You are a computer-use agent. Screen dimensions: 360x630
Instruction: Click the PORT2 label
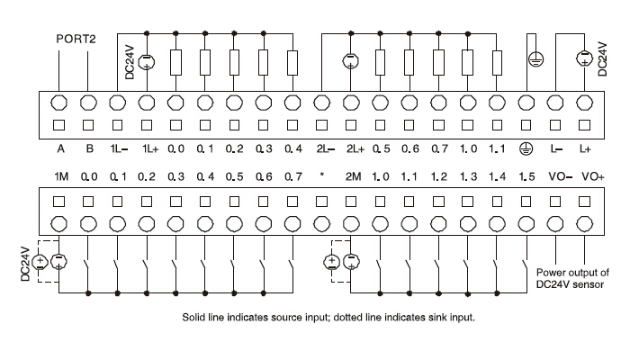76,40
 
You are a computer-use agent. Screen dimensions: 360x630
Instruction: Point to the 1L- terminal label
118,147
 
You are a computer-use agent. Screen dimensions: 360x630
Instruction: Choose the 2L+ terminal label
351,147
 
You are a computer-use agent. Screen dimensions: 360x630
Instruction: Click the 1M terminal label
60,175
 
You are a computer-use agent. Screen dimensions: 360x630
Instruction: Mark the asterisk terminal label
321,177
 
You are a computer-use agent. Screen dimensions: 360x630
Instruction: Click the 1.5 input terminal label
527,175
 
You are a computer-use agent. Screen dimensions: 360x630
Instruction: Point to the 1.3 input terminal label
469,175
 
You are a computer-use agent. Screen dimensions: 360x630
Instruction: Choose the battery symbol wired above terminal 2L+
351,62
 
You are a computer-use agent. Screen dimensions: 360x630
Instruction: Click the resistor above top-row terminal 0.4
292,62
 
